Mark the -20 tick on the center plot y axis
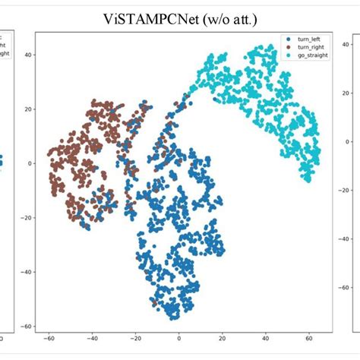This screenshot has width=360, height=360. [x=27, y=217]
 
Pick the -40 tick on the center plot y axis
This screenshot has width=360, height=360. [x=27, y=272]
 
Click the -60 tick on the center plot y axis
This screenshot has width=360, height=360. [x=27, y=327]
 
